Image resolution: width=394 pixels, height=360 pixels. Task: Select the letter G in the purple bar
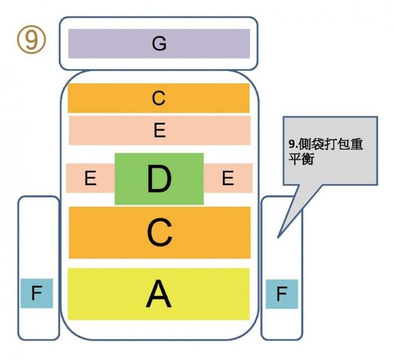click(159, 44)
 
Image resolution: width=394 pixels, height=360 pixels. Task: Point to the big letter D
click(159, 179)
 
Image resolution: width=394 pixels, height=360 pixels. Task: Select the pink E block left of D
click(90, 178)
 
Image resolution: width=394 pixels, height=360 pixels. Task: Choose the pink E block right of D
click(228, 178)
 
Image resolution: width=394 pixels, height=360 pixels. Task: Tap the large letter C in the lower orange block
click(159, 233)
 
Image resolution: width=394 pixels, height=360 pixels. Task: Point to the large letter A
click(159, 294)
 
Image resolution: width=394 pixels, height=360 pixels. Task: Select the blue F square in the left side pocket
click(36, 294)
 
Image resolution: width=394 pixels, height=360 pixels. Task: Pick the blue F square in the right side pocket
click(281, 294)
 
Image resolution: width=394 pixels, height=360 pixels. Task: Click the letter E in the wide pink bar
click(159, 130)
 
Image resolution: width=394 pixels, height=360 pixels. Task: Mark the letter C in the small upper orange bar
click(159, 98)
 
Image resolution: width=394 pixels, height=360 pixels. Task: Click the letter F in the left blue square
click(36, 294)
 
